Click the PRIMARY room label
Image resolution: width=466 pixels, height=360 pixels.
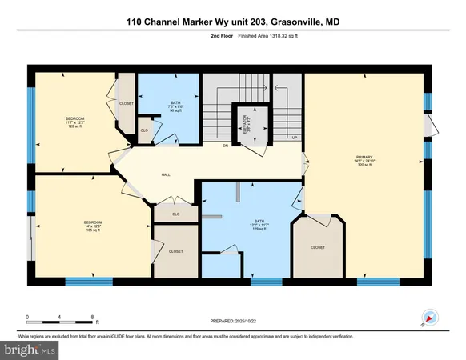tap(365, 158)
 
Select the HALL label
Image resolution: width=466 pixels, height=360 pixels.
tap(166, 174)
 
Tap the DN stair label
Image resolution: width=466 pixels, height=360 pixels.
tap(226, 146)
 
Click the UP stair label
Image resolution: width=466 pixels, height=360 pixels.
tap(295, 138)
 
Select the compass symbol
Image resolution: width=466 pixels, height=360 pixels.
tap(428, 315)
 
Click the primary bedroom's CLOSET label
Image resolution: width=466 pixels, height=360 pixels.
tap(319, 248)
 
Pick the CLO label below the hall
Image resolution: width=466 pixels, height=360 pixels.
tap(175, 214)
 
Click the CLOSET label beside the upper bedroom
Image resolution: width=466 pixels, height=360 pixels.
tap(126, 103)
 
